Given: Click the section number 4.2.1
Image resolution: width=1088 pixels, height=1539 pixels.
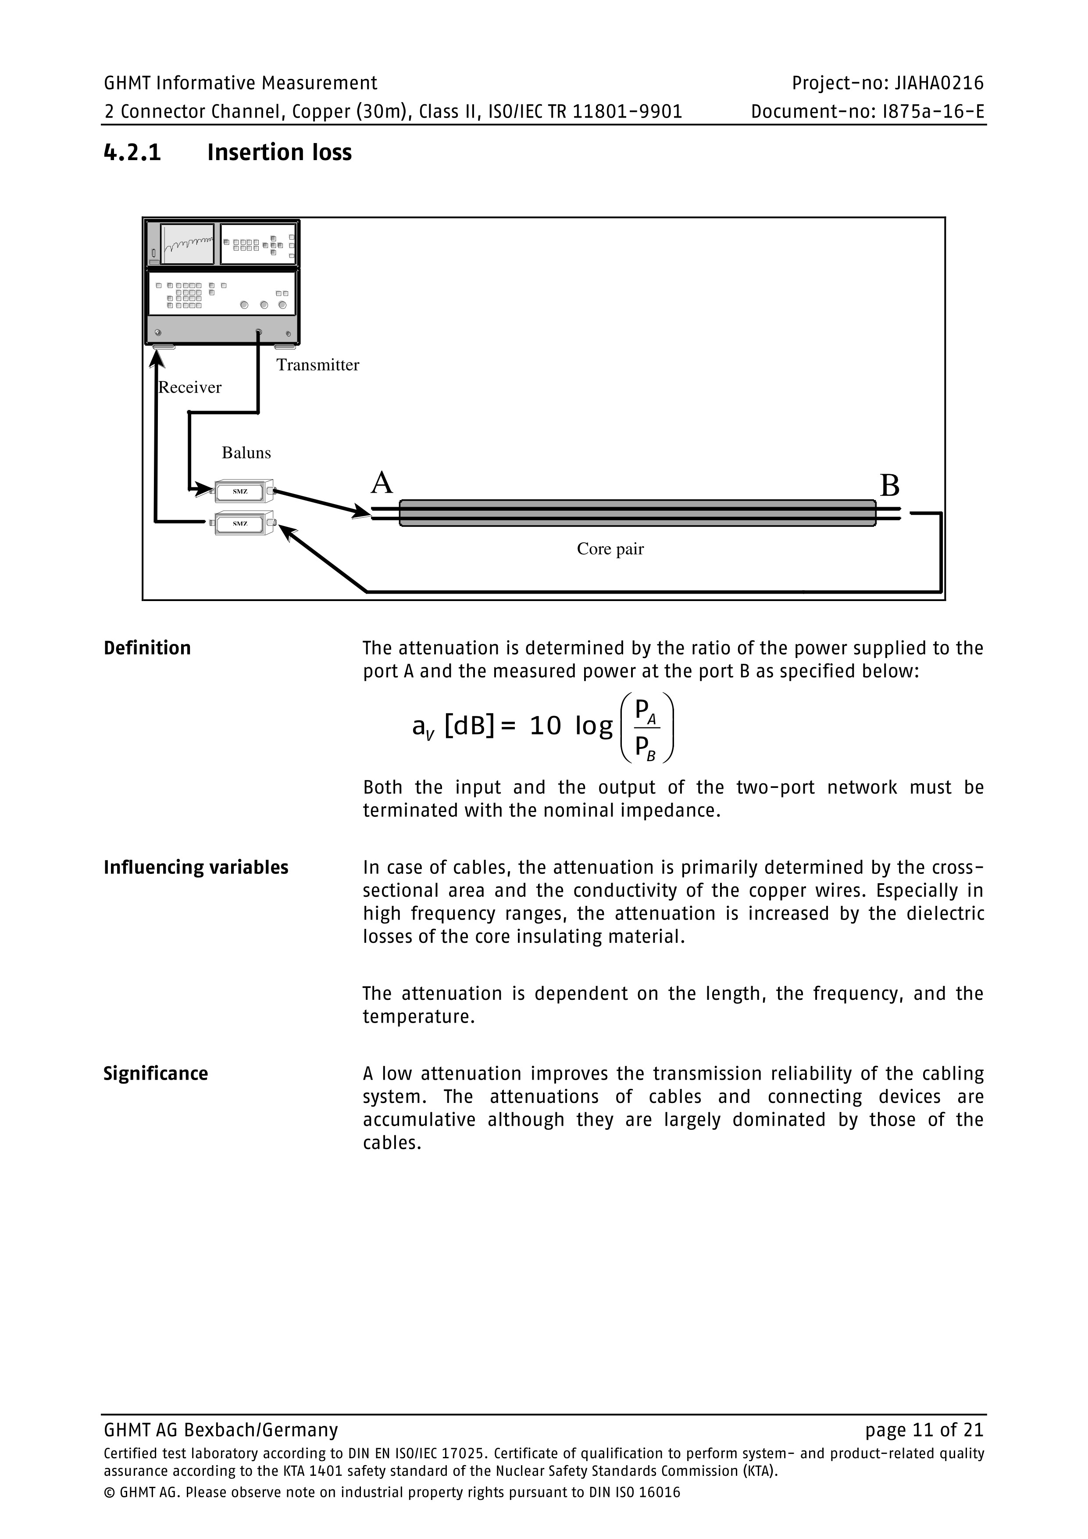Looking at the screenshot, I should click(x=132, y=153).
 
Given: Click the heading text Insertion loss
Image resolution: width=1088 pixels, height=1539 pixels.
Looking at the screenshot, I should click(x=279, y=153).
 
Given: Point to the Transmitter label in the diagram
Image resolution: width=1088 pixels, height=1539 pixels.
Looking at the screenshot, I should click(x=317, y=365).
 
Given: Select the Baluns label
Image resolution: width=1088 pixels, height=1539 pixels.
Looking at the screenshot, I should click(x=246, y=453).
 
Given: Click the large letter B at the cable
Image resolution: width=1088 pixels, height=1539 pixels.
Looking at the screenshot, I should click(x=889, y=485).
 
